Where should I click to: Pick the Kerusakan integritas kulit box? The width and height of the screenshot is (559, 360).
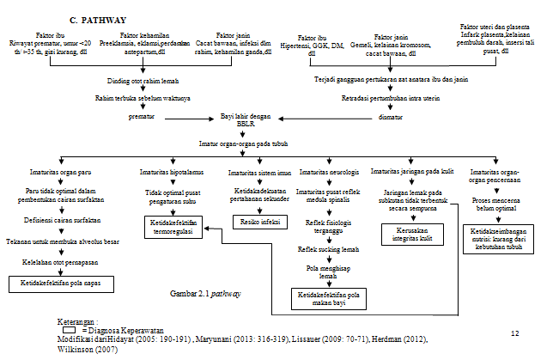pos(407,234)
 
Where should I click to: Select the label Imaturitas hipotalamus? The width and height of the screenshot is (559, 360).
pos(169,172)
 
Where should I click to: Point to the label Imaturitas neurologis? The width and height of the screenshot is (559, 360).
pos(327,172)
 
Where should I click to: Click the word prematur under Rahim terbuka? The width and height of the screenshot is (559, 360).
pos(144,114)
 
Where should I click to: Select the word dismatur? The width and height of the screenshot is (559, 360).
pos(389,114)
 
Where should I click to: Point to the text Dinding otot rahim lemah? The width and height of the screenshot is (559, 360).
pos(143,81)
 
